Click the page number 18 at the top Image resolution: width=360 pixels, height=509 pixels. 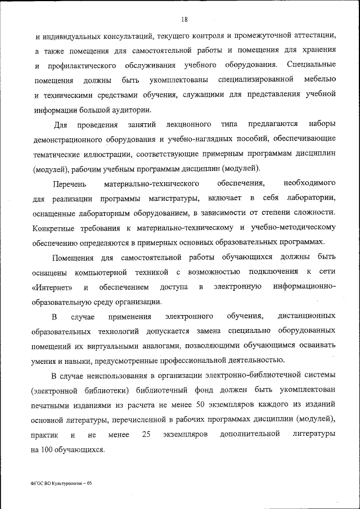pyautogui.click(x=185, y=20)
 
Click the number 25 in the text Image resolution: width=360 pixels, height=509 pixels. pyautogui.click(x=147, y=435)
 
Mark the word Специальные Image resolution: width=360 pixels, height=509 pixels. pyautogui.click(x=312, y=65)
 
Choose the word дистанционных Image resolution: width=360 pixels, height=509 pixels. pyautogui.click(x=307, y=317)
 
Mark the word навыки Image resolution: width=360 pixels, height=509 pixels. pyautogui.click(x=79, y=360)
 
